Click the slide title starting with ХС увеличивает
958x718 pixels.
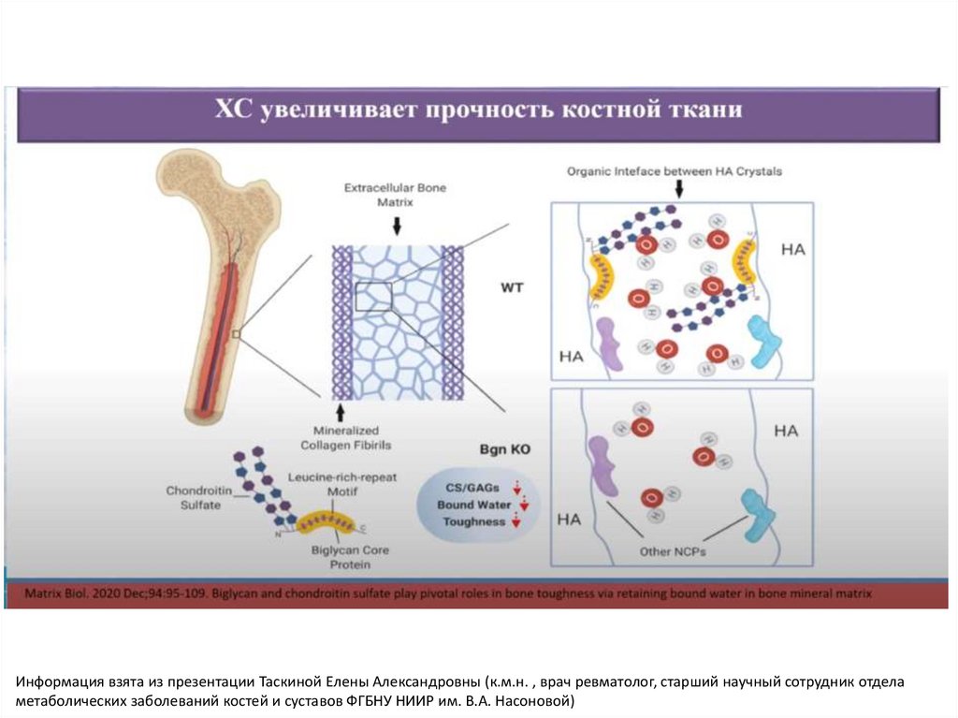(x=479, y=111)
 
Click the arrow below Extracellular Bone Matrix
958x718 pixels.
(x=397, y=226)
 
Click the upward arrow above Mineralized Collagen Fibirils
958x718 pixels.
(x=341, y=411)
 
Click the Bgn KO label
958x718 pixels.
(x=509, y=450)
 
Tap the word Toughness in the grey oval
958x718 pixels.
(x=473, y=521)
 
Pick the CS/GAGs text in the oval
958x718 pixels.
(x=472, y=488)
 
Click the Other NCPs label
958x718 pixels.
(x=672, y=551)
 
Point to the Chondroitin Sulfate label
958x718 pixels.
(x=194, y=497)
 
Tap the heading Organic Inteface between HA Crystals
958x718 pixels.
(x=675, y=172)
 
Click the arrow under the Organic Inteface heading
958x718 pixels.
(x=679, y=189)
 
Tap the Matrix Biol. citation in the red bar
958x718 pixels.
(x=447, y=593)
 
